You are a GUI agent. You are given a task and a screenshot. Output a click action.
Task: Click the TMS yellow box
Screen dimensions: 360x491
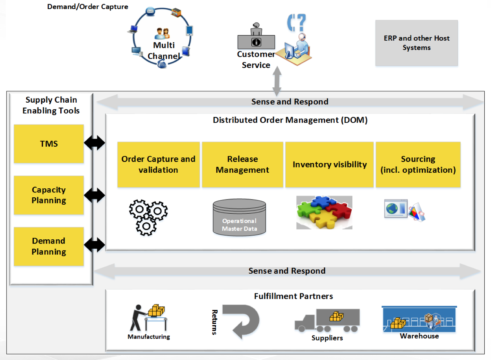[x=49, y=144]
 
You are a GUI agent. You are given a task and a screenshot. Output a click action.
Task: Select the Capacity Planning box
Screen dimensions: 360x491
[x=49, y=195]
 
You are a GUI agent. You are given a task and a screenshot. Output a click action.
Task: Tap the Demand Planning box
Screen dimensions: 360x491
[x=49, y=246]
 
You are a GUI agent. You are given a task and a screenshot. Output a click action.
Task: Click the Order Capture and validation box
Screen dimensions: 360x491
[x=158, y=164]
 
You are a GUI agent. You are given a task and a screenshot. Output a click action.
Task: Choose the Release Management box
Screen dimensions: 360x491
[x=242, y=164]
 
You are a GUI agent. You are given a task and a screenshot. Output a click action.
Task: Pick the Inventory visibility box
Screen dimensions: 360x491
[x=329, y=164]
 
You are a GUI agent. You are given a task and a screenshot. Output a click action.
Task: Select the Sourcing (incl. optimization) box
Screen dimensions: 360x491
[x=418, y=164]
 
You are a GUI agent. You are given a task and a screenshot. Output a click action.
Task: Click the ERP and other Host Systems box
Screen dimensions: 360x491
[x=416, y=43]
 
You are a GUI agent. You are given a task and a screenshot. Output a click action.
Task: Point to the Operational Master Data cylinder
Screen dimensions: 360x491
[x=239, y=217]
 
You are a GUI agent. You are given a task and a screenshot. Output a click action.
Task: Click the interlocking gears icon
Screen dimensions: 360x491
[x=148, y=217]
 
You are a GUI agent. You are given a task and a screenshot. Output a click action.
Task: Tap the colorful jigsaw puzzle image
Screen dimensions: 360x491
[x=324, y=212]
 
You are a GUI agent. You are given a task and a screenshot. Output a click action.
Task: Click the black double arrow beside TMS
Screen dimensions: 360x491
[x=94, y=143]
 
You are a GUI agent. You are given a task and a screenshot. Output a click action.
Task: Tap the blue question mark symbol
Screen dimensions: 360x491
[x=297, y=23]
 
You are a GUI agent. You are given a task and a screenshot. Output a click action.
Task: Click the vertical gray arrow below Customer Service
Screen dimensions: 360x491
[x=277, y=81]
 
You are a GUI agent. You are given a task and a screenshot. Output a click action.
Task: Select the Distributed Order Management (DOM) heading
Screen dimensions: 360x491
[x=290, y=120]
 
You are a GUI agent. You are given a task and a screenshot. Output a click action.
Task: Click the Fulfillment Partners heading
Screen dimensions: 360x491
[x=293, y=296]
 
